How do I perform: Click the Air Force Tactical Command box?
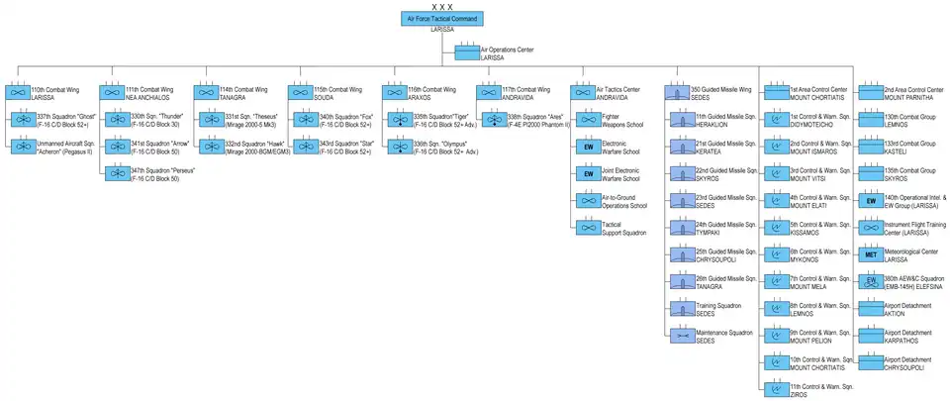(441, 19)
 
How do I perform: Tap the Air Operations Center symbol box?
(467, 52)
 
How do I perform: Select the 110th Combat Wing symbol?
(18, 91)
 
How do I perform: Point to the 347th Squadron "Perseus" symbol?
(116, 173)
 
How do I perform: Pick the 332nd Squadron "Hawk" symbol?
(211, 147)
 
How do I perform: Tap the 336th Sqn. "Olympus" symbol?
(399, 147)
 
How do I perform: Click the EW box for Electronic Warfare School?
(588, 147)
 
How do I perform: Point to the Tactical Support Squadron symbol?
(588, 227)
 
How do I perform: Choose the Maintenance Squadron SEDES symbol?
(682, 335)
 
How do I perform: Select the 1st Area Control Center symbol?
(775, 91)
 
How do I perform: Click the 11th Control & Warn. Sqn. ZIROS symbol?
(775, 388)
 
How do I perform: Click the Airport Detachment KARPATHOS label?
(907, 335)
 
